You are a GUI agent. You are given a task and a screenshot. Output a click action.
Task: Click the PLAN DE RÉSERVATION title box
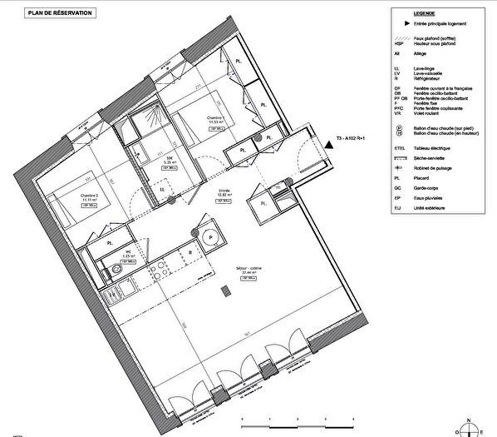(x=52, y=13)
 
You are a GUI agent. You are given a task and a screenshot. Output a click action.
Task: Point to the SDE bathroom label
(x=169, y=160)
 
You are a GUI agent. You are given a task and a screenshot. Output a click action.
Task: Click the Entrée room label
(x=224, y=191)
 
